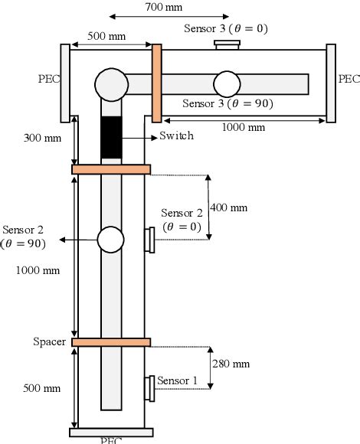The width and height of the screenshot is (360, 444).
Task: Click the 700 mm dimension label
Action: (169, 7)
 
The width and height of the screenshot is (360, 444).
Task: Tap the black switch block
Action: (112, 138)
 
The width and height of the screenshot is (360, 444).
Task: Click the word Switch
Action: (176, 136)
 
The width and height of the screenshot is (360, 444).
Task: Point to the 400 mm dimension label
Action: (230, 207)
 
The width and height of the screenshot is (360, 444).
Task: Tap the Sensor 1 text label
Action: (182, 380)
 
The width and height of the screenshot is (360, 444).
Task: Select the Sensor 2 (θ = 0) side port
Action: (149, 240)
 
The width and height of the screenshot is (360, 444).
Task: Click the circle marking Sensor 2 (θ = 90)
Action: (111, 240)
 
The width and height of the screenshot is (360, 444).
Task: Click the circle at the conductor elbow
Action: (111, 83)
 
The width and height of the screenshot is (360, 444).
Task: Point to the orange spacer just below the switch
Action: (111, 168)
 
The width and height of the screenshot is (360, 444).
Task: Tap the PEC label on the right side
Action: (349, 78)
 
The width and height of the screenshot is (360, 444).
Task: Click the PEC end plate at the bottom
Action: (111, 432)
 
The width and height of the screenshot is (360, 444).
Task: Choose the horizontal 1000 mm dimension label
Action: (244, 128)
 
